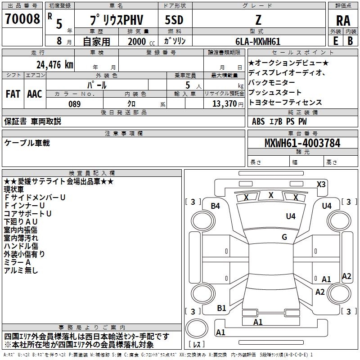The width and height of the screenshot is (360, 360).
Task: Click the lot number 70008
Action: tap(22, 18)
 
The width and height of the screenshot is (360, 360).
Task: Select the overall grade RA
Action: tap(343, 21)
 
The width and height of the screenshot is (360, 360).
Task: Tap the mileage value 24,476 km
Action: tap(54, 65)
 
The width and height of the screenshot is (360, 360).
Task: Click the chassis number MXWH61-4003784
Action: tap(302, 143)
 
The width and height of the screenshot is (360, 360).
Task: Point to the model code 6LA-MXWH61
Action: tap(258, 41)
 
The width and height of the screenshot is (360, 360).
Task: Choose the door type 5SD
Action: tap(174, 20)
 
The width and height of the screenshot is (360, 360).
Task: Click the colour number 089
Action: tap(74, 104)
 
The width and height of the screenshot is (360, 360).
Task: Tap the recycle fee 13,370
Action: tap(224, 104)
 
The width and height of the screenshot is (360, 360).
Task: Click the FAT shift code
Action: tap(13, 94)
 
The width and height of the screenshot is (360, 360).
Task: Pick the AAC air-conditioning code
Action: tap(35, 94)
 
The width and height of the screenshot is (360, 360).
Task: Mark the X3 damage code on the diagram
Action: tap(321, 184)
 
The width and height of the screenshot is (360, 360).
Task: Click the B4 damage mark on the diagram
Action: tap(215, 206)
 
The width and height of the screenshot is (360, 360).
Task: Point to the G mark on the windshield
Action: tap(284, 237)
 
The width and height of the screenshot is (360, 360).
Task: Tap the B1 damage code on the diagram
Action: tap(221, 308)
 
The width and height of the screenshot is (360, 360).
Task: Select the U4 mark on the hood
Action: tap(290, 216)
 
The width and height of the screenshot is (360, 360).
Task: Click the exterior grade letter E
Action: tap(335, 41)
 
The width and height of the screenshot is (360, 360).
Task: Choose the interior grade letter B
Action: tap(350, 41)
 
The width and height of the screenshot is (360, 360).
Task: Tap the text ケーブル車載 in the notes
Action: tap(27, 143)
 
